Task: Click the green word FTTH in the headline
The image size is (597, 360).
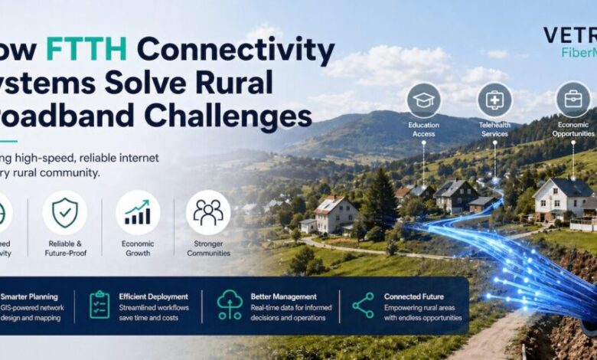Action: (x=86, y=51)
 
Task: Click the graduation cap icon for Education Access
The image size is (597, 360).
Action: (x=423, y=100)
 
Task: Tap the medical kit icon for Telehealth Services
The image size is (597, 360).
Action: (x=494, y=100)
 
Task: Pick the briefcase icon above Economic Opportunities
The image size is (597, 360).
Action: (x=573, y=100)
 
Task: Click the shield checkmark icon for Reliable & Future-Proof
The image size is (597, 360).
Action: (x=64, y=212)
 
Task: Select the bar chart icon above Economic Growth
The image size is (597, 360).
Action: (x=138, y=212)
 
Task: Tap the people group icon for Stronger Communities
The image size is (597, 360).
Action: (x=208, y=212)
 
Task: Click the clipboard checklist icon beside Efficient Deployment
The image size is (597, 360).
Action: (x=99, y=305)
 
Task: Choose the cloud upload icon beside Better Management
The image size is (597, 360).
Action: (x=230, y=305)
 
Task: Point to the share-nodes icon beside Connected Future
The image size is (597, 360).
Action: (x=363, y=305)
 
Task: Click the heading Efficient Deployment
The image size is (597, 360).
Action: (x=153, y=296)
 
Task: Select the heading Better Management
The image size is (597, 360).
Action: (x=283, y=296)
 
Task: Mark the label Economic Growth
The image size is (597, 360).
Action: (x=138, y=248)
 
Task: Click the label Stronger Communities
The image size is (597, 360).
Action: (x=208, y=248)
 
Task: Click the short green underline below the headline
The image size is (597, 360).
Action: (x=8, y=141)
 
